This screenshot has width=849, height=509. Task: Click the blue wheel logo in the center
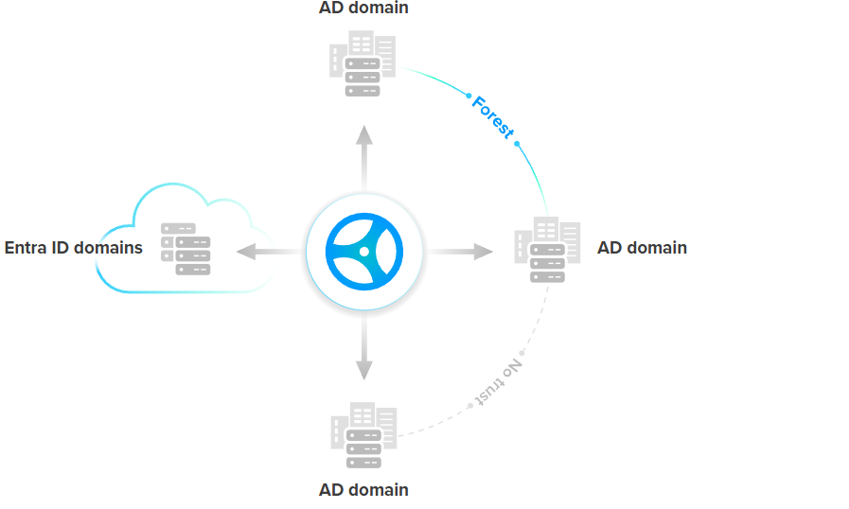point(364,251)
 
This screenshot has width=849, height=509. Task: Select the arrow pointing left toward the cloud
point(270,251)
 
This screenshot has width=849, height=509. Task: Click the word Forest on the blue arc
point(493,117)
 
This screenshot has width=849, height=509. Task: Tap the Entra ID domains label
point(74,248)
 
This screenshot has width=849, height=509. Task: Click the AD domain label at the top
point(364,9)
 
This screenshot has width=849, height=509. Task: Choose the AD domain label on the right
point(642,248)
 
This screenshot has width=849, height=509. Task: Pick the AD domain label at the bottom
point(364,490)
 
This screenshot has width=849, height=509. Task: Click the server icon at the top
point(363,63)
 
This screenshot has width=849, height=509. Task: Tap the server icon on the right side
point(547,250)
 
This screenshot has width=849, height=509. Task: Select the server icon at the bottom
point(363,435)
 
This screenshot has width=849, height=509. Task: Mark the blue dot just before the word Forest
point(469,96)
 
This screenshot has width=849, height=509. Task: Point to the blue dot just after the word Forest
point(519,144)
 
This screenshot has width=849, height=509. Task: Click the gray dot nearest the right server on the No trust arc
point(522,353)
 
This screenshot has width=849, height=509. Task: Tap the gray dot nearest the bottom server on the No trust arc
point(470,406)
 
